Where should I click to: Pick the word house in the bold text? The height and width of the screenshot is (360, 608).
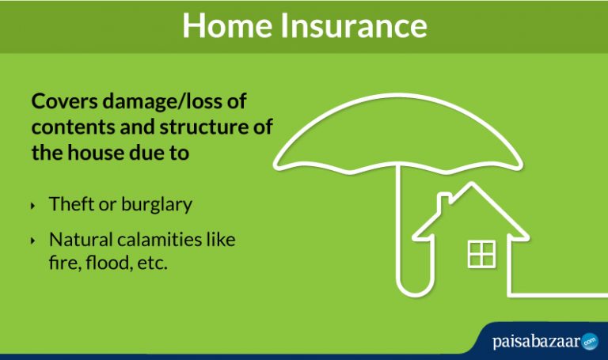coord(97,153)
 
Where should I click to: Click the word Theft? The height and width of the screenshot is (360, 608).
coord(71,204)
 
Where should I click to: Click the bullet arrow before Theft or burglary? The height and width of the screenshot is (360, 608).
coord(33,205)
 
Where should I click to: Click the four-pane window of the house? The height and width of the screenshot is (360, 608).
coord(481,254)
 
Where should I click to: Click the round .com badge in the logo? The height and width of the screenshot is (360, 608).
coord(590,342)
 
